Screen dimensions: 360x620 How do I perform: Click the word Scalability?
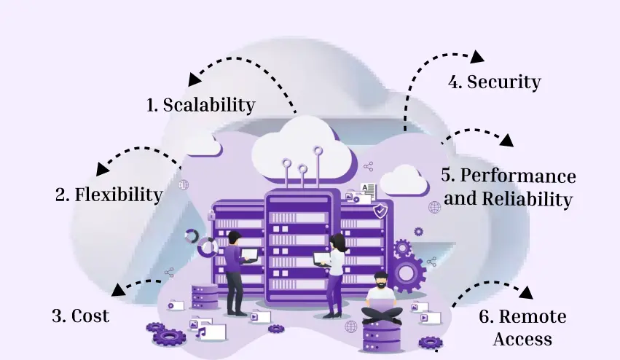coord(209,105)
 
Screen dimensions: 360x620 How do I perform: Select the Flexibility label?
coord(118,195)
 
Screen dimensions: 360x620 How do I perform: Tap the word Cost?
coord(91,316)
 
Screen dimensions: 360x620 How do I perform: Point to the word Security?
coord(504,82)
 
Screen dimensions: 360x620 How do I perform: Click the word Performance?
coord(518,176)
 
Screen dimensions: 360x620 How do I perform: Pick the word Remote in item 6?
coord(532,316)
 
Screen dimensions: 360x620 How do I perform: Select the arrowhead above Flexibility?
coord(103,168)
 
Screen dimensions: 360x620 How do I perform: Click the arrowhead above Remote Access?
coord(525,293)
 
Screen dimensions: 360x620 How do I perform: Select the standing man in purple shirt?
coord(234,270)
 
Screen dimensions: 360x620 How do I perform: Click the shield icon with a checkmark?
coord(379,211)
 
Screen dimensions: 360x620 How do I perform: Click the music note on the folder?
coord(201,333)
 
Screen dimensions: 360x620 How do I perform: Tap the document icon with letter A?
coord(369,190)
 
